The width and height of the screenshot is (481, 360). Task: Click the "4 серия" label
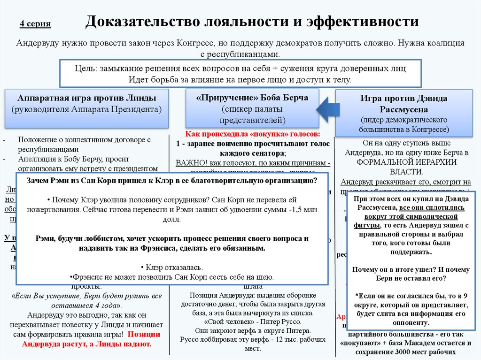tap(35, 24)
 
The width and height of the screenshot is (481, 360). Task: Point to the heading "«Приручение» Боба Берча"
tap(252, 98)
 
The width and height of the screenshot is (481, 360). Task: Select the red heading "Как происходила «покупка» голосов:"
tap(252, 133)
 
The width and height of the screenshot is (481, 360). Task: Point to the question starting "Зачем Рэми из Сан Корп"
tap(172, 180)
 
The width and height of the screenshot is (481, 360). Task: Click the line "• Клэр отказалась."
tap(172, 268)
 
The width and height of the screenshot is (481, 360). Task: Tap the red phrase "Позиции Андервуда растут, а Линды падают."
tap(89, 339)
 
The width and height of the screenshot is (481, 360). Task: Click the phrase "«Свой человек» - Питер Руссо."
tap(252, 322)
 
